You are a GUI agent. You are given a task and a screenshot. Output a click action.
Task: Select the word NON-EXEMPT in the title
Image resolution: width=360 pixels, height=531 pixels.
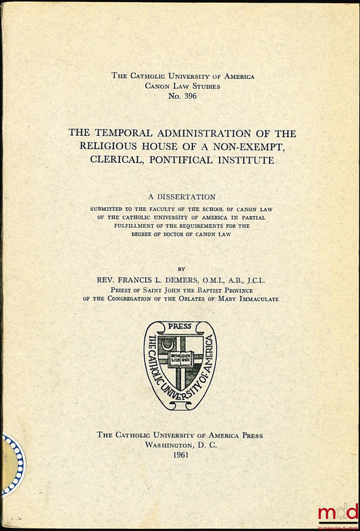258,147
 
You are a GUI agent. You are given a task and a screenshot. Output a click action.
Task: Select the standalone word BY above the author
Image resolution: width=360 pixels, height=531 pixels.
182,268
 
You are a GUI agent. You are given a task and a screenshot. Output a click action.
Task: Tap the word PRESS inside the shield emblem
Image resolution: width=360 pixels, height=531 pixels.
180,326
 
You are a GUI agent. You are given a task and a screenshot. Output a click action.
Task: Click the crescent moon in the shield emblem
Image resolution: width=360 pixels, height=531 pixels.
168,345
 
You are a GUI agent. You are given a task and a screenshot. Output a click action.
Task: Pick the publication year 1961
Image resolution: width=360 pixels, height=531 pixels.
180,455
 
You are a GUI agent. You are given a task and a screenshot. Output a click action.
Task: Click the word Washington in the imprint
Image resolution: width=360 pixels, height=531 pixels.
168,445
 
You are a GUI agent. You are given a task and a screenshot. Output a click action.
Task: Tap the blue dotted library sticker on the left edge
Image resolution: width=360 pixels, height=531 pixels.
12,465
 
